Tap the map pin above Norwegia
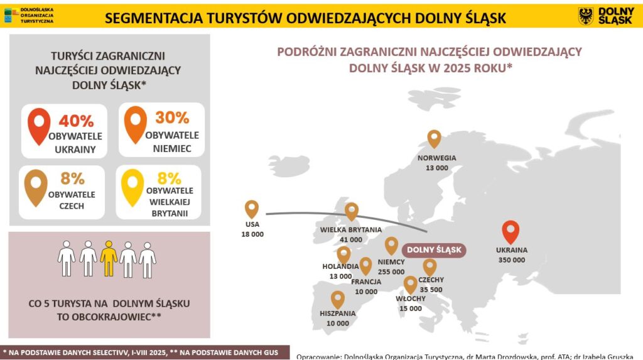pos(434,138)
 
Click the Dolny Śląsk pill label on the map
pos(434,250)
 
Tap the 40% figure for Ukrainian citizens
pos(76,121)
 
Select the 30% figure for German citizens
pos(173,117)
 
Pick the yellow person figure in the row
pos(109,258)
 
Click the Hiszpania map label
pos(338,313)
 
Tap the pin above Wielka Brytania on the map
pos(351,212)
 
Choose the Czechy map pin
pos(430,268)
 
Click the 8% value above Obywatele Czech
pos(72,179)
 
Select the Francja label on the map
pos(366,281)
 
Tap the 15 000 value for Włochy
pos(411,308)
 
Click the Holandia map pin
pos(343,254)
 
